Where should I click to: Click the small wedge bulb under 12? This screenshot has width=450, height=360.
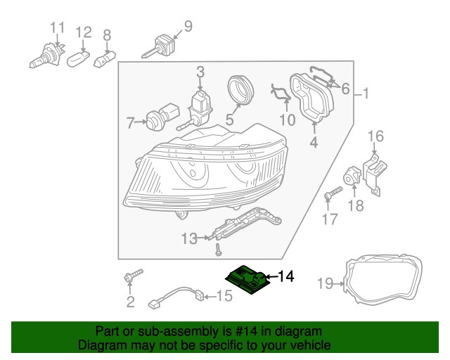coord(79,58)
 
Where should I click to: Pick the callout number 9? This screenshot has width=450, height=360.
coord(187,27)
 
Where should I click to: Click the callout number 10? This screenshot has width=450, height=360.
coord(288,120)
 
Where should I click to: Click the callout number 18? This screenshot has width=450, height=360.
coord(356,205)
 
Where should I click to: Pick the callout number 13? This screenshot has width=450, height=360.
coord(188,239)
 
